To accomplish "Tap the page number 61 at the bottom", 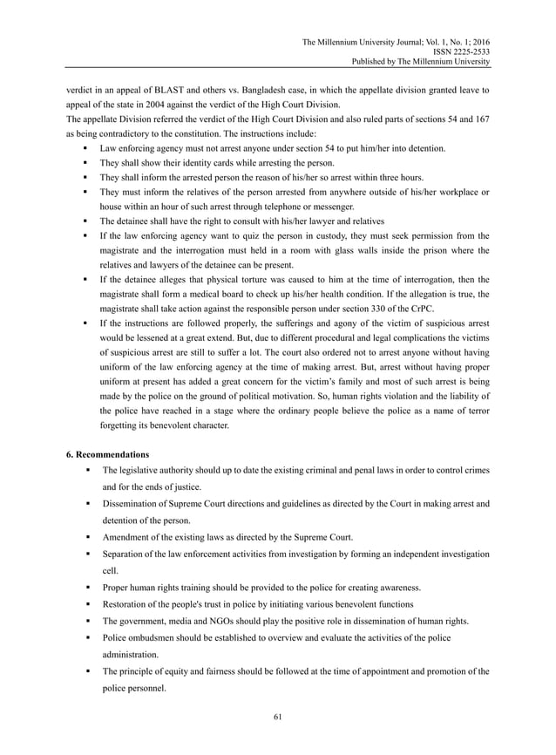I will pyautogui.click(x=277, y=717).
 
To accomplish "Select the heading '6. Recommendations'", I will pyautogui.click(x=107, y=454).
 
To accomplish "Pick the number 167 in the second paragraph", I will pyautogui.click(x=480, y=119).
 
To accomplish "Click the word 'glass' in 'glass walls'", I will pyautogui.click(x=358, y=251).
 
